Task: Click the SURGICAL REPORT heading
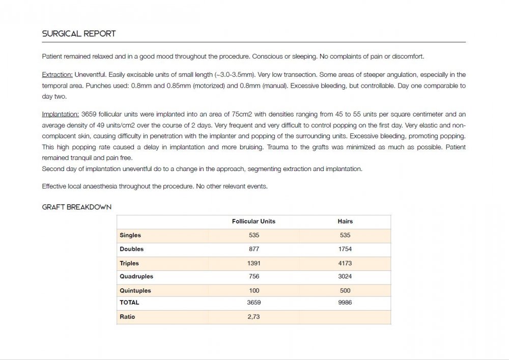point(79,34)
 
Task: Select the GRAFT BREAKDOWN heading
point(77,207)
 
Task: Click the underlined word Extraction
point(57,75)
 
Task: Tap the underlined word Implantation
point(60,115)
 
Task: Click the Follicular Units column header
point(253,221)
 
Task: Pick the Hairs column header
point(345,221)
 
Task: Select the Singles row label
point(130,235)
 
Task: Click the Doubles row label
point(132,249)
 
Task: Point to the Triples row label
point(129,263)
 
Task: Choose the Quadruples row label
point(136,276)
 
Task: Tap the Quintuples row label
point(135,291)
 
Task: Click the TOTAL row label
point(129,302)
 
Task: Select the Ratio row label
point(127,317)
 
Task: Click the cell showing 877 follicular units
point(254,249)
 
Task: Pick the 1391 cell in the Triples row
point(254,263)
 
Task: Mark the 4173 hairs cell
point(345,263)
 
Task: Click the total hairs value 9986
point(345,302)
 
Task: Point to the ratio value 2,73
point(254,317)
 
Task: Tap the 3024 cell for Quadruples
point(345,276)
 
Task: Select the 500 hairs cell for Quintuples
point(345,291)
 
